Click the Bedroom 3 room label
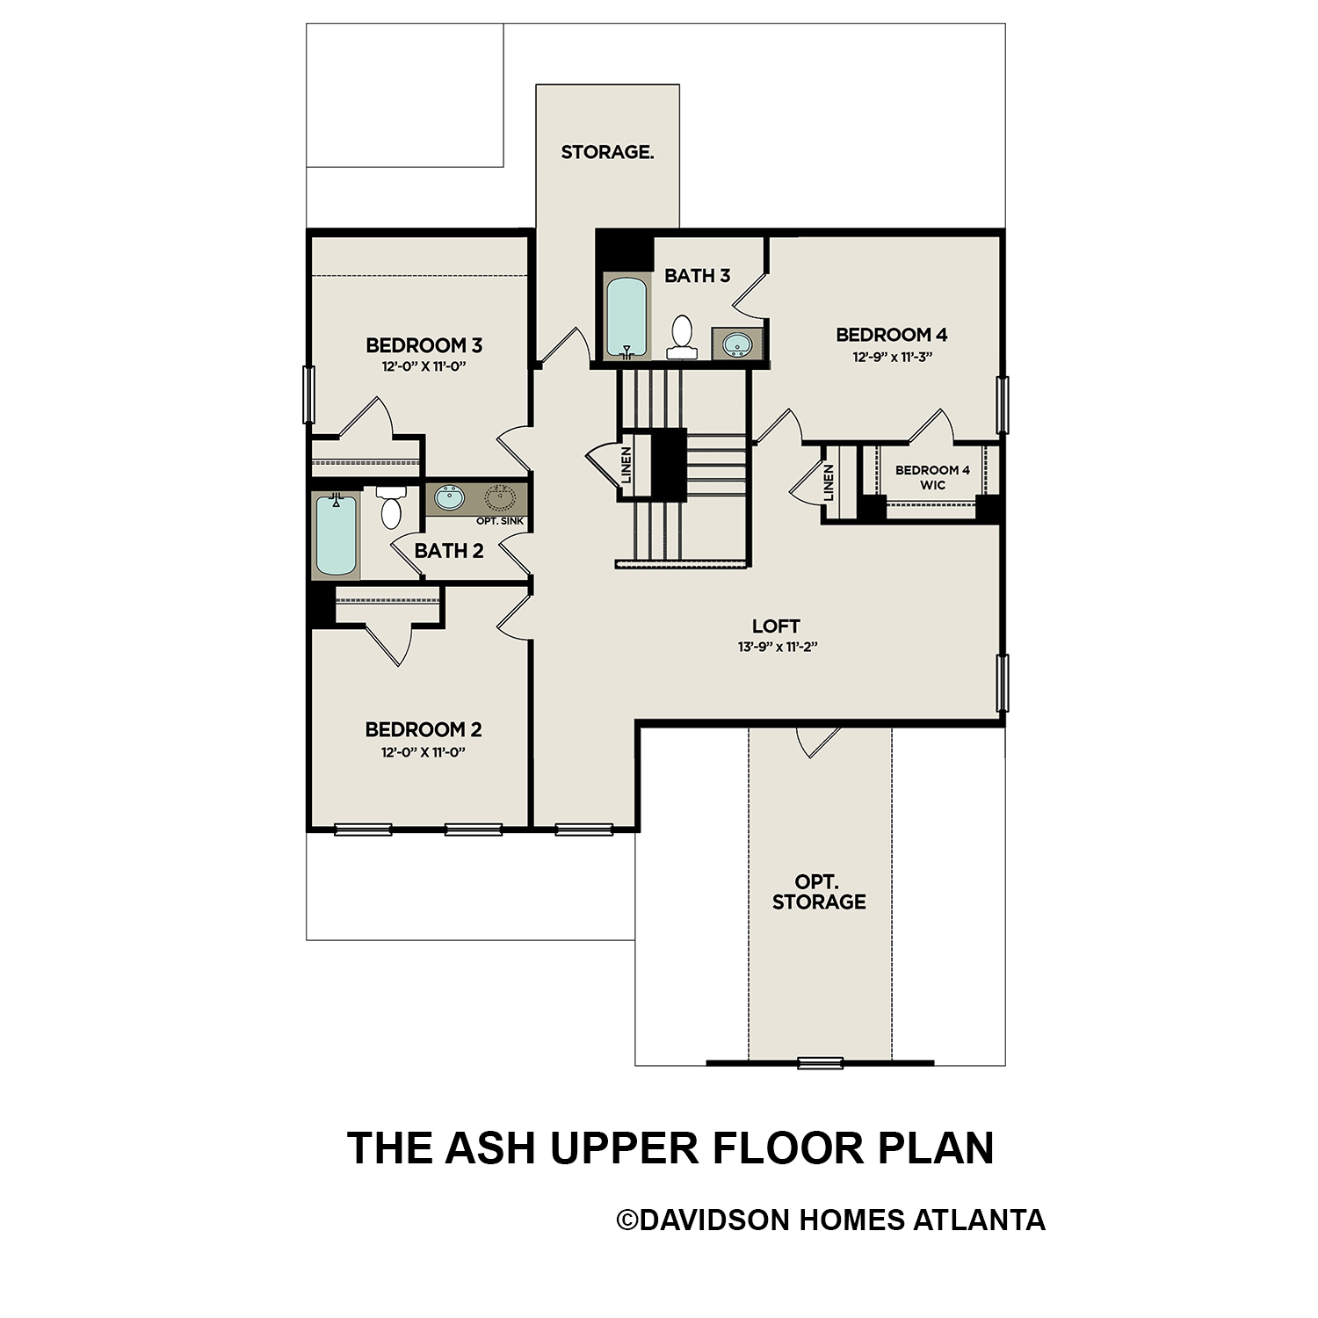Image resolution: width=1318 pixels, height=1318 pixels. coord(424,344)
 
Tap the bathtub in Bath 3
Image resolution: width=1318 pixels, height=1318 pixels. coord(626,316)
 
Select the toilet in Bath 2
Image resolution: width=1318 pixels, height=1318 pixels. coord(391,509)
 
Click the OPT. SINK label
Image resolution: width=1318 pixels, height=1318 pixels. coord(499,521)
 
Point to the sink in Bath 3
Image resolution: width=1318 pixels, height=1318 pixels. coord(737,344)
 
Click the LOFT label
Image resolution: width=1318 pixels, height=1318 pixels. coord(776,626)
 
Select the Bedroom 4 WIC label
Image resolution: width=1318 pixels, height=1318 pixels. coord(932,477)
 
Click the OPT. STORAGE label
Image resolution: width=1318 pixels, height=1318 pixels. coord(819,892)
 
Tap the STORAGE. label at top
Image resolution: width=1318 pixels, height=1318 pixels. coord(607,152)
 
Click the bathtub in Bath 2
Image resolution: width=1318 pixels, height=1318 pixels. coord(336,535)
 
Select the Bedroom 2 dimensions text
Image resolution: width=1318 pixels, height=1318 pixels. coord(423,752)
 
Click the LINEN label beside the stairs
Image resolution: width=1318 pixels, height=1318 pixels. coord(626,466)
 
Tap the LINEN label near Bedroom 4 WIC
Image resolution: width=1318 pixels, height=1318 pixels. coord(829,483)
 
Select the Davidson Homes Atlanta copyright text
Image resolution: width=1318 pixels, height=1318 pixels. coord(830,1220)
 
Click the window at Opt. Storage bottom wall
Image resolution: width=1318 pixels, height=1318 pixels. coord(820,1062)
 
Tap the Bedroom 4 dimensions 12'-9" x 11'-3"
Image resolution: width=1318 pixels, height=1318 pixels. coord(891,358)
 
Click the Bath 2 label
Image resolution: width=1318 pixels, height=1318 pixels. coord(448,551)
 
